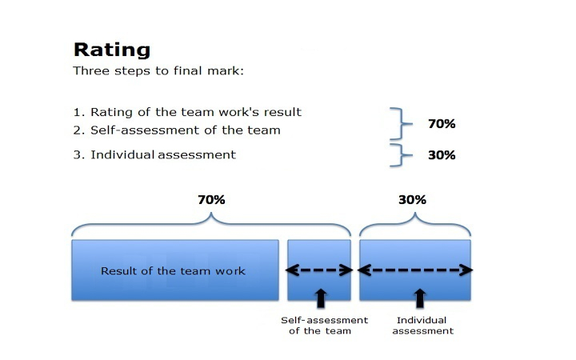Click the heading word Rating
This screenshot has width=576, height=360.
click(x=112, y=50)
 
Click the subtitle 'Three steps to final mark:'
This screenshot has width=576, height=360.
click(x=158, y=70)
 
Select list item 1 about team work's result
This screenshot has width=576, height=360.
click(x=187, y=112)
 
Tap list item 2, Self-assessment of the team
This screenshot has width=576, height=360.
click(x=177, y=130)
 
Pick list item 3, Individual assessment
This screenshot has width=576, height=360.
click(x=154, y=154)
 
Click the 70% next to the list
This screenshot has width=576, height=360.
click(x=442, y=124)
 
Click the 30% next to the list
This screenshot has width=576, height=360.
click(x=442, y=155)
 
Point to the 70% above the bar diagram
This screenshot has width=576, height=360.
click(x=211, y=199)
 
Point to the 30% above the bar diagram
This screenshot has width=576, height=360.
click(x=412, y=199)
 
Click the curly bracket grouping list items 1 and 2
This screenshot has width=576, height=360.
click(x=401, y=123)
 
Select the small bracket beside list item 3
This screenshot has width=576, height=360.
click(x=401, y=155)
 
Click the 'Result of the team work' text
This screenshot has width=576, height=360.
click(x=173, y=271)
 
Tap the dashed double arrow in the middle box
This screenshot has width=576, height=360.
click(x=319, y=270)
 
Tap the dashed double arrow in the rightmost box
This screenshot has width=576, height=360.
click(x=415, y=270)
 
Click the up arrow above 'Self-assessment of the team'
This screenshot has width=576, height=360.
click(x=321, y=298)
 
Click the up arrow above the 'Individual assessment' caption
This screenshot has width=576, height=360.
click(x=420, y=298)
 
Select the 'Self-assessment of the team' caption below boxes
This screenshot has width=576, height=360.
click(x=324, y=326)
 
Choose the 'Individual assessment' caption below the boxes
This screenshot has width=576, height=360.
click(x=422, y=326)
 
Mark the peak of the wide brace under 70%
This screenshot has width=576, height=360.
click(x=211, y=213)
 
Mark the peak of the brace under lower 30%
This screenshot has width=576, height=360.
click(x=415, y=213)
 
